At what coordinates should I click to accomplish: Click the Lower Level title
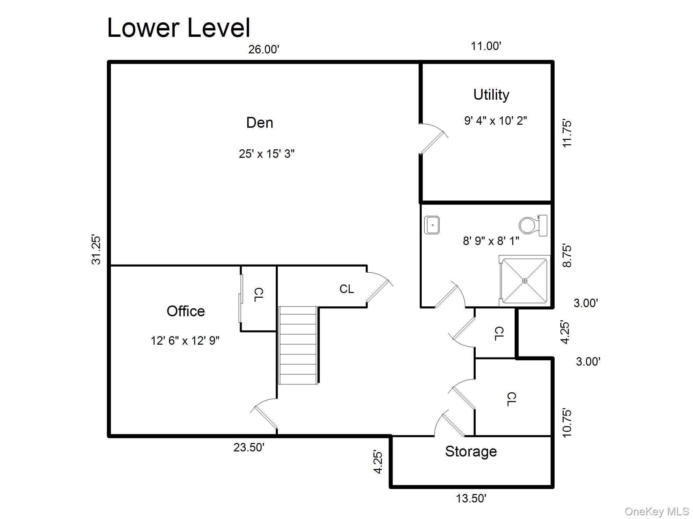(x=179, y=28)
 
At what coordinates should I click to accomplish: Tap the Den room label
(x=260, y=122)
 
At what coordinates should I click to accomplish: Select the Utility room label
(x=491, y=95)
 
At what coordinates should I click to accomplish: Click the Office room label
(x=185, y=311)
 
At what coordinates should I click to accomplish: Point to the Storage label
(x=471, y=451)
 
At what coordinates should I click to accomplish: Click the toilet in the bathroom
(x=532, y=225)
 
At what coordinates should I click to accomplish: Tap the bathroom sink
(x=432, y=225)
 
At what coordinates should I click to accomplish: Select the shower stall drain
(x=525, y=281)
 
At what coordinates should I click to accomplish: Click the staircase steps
(x=298, y=345)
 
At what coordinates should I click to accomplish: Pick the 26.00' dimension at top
(x=264, y=50)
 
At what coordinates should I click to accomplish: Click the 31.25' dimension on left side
(x=96, y=250)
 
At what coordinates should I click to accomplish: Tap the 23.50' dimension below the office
(x=249, y=447)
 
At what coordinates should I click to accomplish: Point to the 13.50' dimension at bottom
(x=471, y=498)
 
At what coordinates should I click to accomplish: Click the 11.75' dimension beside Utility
(x=567, y=133)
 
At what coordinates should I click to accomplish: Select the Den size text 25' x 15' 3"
(x=267, y=154)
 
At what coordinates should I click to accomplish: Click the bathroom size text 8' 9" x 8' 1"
(x=491, y=241)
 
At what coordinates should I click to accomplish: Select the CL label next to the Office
(x=259, y=295)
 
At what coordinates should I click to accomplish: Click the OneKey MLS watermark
(x=656, y=511)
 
